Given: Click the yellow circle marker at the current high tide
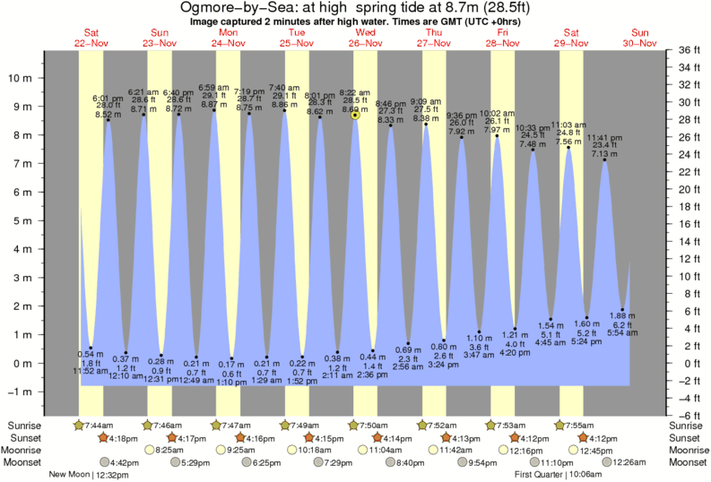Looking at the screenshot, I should pos(356,115).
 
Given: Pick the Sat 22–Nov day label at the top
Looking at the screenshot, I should pos(91,39).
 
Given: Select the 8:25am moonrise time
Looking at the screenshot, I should pos(172,450).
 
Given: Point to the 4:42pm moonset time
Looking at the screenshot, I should pos(123,462).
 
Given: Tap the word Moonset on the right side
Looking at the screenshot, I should pos(687,462).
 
